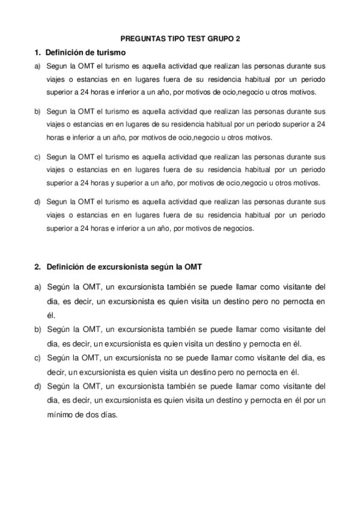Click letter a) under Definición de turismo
click(x=37, y=67)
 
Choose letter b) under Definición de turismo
click(x=37, y=111)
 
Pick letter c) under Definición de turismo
click(x=37, y=156)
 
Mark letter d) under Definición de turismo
click(x=37, y=200)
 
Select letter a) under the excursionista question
click(x=37, y=287)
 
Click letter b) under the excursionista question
click(x=37, y=330)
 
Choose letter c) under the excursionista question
click(x=37, y=357)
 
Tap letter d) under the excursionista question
click(x=37, y=386)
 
